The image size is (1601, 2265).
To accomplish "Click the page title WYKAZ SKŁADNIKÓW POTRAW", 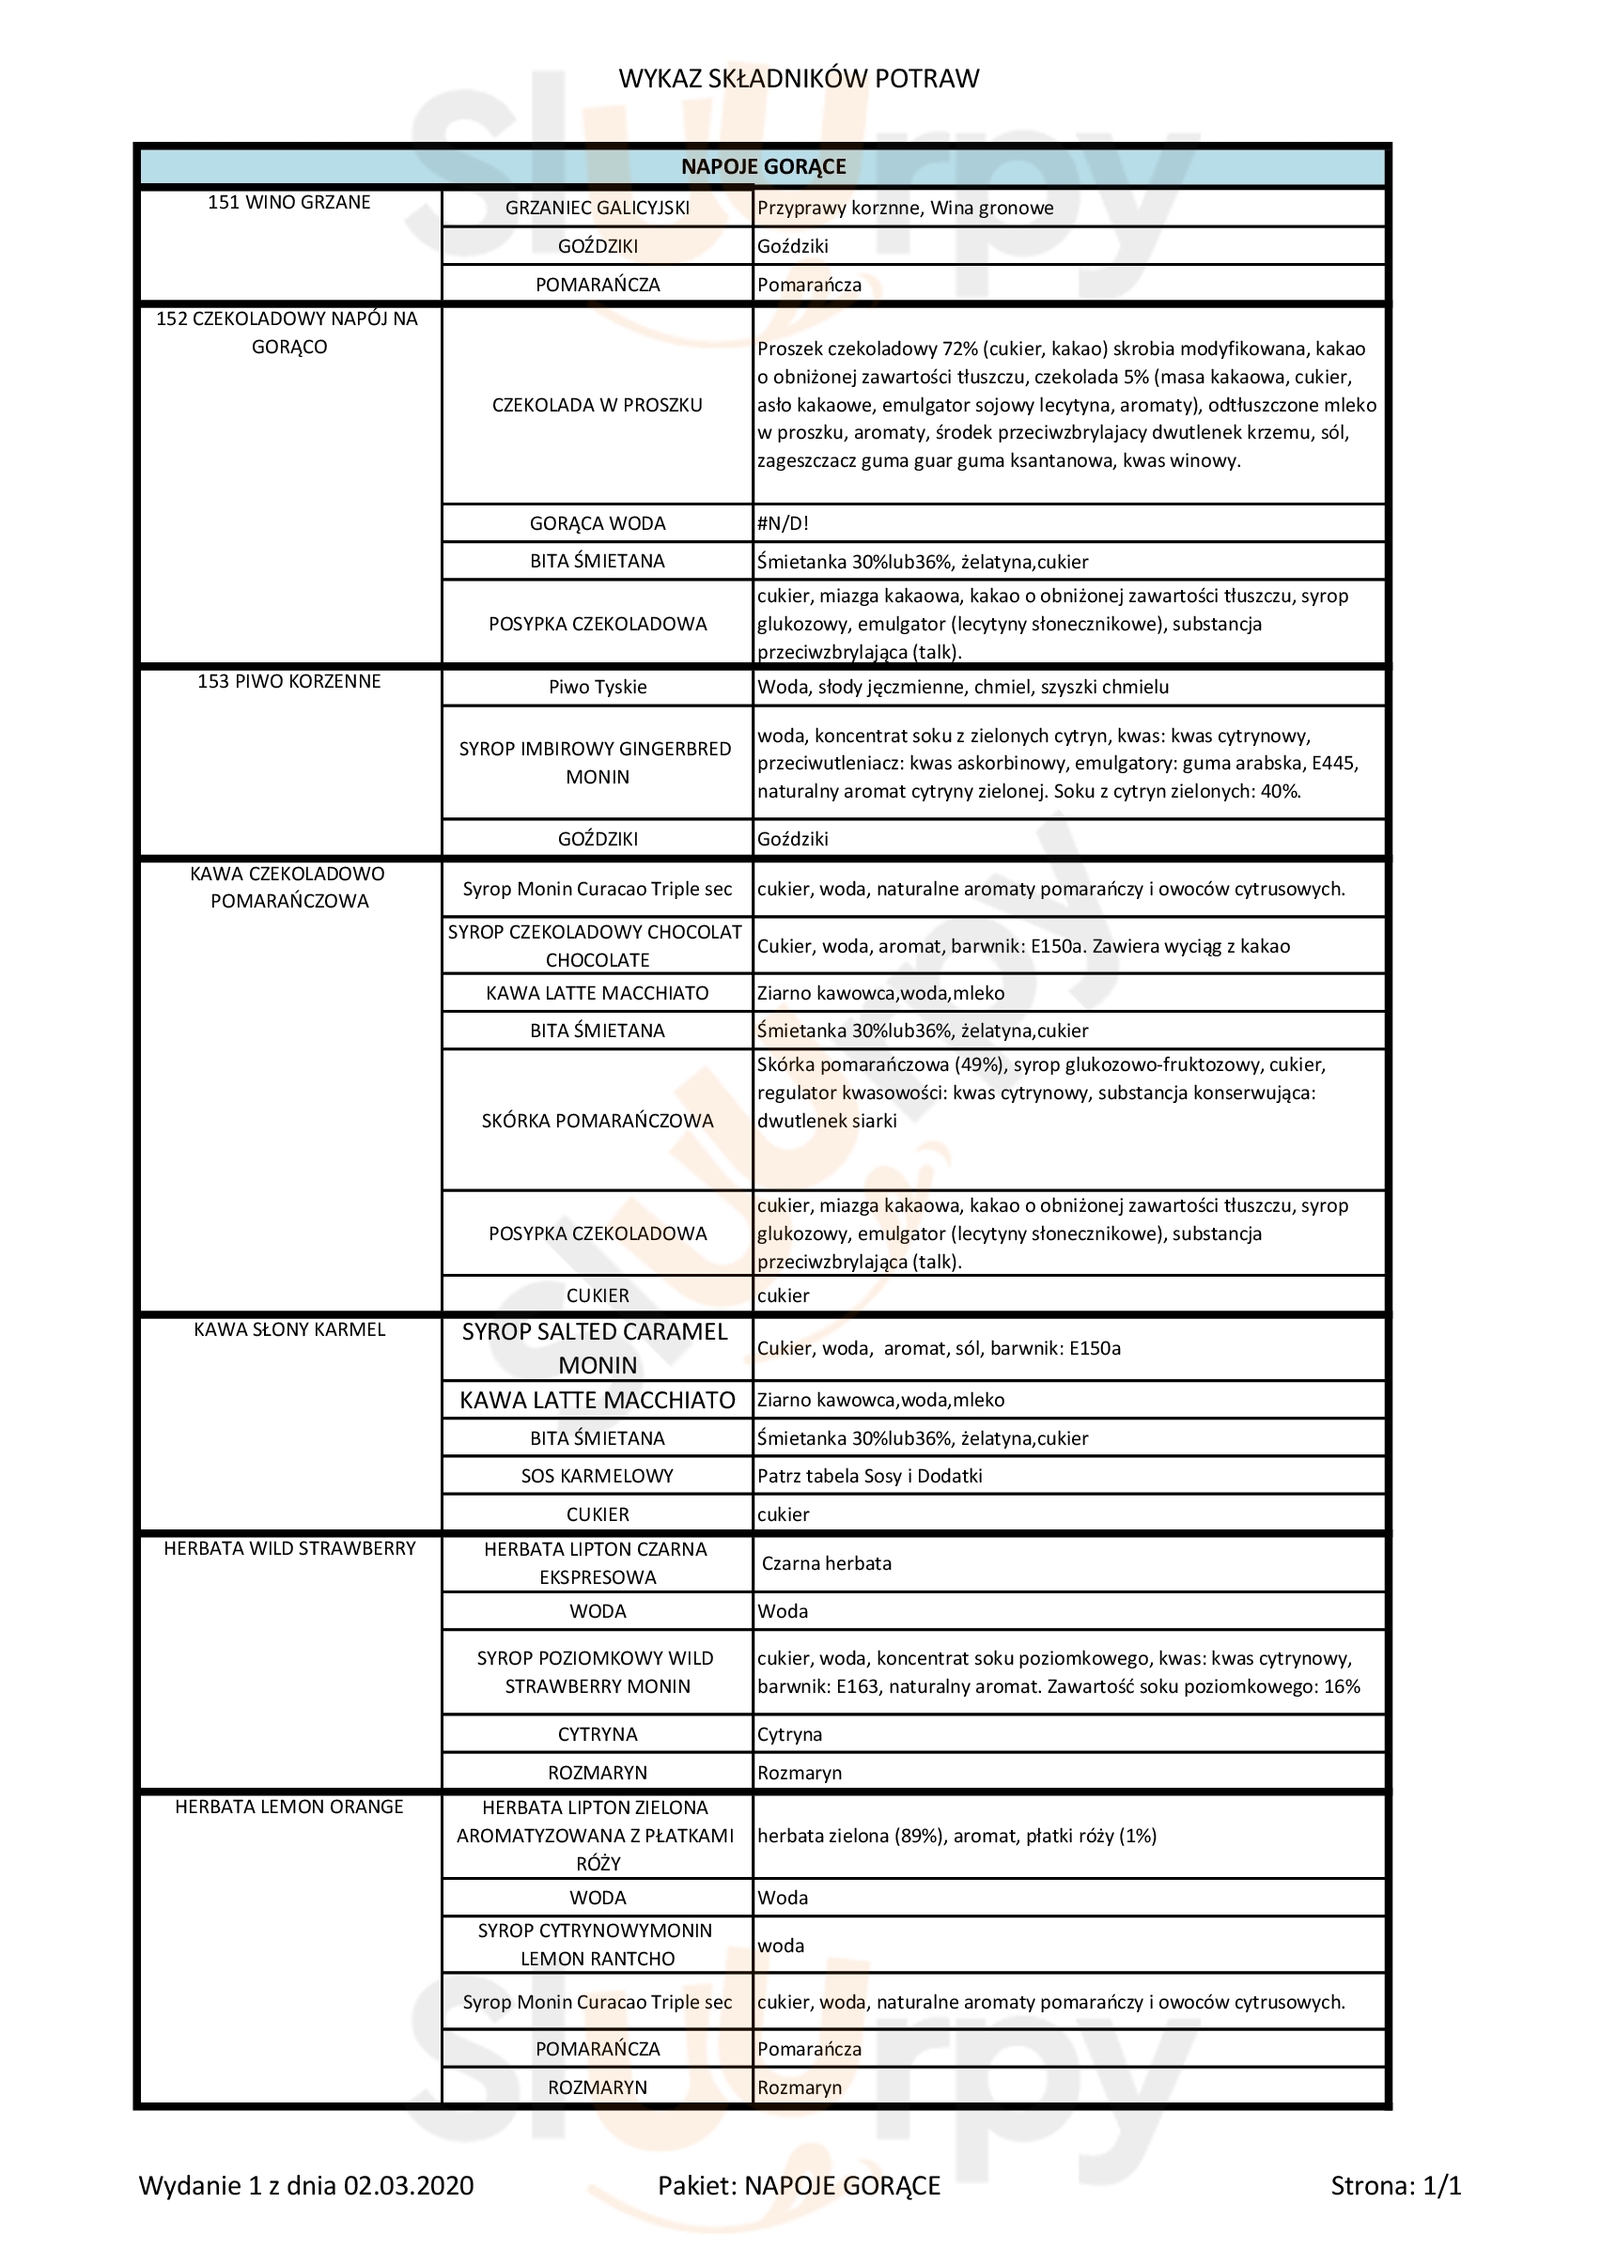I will tap(798, 79).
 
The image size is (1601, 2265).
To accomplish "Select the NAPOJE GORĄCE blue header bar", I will tap(763, 166).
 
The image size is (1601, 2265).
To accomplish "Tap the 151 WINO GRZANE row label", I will tap(289, 202).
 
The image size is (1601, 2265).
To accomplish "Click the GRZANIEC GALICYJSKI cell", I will tap(597, 209).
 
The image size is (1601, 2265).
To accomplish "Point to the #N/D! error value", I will tap(784, 523).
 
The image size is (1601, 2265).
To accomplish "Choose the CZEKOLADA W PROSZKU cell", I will tap(597, 405).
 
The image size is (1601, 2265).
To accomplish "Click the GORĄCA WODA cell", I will tap(597, 523).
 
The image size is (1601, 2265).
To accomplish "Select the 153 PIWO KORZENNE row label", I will tap(289, 682).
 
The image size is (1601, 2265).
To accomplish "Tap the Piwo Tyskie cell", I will tap(597, 687).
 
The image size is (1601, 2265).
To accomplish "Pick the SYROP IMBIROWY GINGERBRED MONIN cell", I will tap(597, 763).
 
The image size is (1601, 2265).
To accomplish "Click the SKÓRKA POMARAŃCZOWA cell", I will tap(597, 1121).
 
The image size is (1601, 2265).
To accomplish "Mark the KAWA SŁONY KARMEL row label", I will tap(289, 1330).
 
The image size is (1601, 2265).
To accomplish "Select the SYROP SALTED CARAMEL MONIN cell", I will tap(597, 1347).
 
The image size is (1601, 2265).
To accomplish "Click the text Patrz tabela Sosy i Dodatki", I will tap(869, 1476).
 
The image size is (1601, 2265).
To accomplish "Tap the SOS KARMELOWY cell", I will tap(597, 1476).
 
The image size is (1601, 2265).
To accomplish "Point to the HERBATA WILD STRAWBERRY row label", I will tap(289, 1549).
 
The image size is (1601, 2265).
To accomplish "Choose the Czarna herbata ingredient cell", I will tap(827, 1563).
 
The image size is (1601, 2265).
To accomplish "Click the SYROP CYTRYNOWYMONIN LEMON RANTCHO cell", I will tap(597, 1945).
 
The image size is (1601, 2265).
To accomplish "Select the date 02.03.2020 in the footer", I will tap(409, 2185).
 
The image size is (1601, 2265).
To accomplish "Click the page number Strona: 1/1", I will tap(1395, 2185).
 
